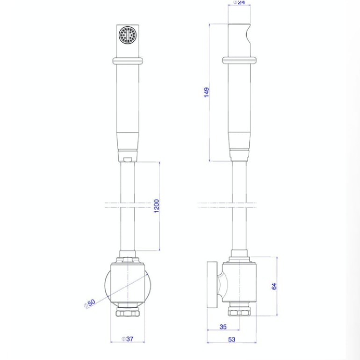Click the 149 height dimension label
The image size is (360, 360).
pos(206,92)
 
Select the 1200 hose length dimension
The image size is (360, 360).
pos(156,206)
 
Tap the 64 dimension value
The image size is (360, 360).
pos(274,286)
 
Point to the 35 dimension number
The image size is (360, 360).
pos(223,327)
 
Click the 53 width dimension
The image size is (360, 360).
pos(231,339)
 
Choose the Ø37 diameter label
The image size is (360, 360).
pos(127,339)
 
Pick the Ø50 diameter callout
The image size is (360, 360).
pos(90,303)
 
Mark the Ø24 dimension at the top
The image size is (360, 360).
pos(239,2)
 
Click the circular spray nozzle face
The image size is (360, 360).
pos(128,35)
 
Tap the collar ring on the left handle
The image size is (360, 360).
pos(128,61)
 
